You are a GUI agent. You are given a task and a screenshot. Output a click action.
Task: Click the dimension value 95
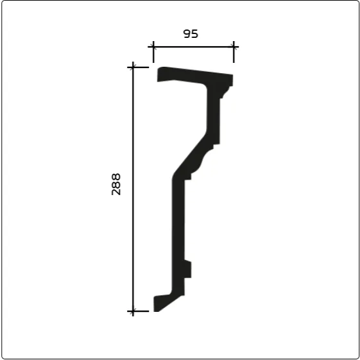191,33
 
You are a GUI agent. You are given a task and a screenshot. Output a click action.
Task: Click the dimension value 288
116,184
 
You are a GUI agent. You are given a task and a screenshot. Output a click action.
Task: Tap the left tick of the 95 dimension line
153,47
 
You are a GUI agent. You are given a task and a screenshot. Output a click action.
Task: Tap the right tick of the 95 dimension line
234,47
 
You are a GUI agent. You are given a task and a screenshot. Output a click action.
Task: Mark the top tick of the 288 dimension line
133,67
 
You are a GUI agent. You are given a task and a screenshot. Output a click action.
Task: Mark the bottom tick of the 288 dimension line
133,311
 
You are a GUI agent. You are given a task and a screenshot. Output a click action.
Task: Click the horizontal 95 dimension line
194,47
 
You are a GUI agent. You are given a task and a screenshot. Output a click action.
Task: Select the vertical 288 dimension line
133,189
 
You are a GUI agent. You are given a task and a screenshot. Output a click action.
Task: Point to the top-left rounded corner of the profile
159,69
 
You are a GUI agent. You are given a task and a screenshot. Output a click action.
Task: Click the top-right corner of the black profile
232,75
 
